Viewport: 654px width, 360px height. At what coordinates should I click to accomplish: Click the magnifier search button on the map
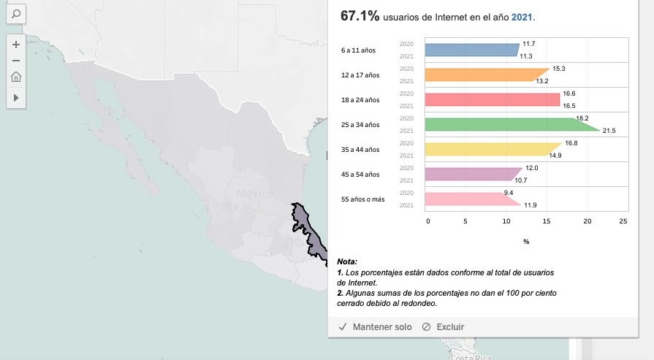(15, 13)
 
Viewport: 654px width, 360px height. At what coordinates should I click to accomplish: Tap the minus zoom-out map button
(15, 60)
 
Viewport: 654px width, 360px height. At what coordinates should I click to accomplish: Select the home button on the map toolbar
(15, 77)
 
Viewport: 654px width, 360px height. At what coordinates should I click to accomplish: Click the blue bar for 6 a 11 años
(471, 50)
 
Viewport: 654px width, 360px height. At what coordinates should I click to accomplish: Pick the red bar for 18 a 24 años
(491, 99)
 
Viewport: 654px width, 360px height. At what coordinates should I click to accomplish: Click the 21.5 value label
(609, 131)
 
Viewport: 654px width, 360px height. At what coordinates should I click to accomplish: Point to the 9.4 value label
(509, 192)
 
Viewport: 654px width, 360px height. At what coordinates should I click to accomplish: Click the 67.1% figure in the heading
(358, 16)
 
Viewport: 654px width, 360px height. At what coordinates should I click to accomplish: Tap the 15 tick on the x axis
(545, 220)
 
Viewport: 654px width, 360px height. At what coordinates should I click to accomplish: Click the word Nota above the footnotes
(347, 261)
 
